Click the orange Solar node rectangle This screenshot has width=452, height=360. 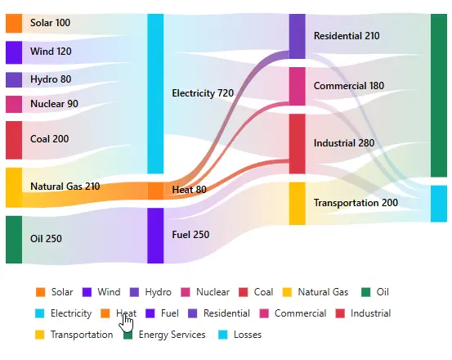[14, 23]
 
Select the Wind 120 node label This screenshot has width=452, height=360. [51, 52]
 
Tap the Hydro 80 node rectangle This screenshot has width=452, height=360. [14, 79]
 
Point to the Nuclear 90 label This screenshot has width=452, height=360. [54, 104]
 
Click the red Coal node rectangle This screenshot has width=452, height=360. [14, 140]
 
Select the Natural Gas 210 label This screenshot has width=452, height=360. [65, 187]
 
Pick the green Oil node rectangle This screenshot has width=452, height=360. [14, 239]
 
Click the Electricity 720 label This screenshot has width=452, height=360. [203, 93]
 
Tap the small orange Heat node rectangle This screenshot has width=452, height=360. [155, 191]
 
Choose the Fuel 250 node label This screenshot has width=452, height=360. [190, 235]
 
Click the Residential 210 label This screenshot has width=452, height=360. [347, 36]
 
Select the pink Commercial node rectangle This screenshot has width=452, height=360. [297, 86]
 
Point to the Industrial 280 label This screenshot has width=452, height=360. [343, 143]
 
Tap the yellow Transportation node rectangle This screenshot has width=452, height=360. [297, 203]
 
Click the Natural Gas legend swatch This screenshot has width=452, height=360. [287, 292]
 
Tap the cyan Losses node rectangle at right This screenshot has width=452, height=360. [439, 204]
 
